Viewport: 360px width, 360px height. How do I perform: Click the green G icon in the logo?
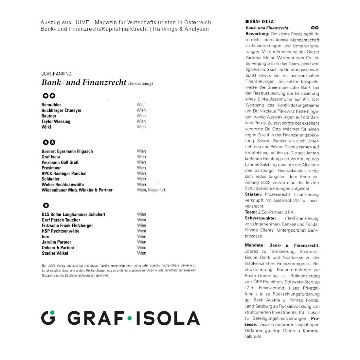[48, 317]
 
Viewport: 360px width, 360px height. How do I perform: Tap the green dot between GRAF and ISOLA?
[130, 318]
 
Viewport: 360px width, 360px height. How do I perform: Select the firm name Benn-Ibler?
[51, 105]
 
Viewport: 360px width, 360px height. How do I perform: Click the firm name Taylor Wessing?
[56, 121]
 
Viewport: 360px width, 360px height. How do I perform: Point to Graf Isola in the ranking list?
[51, 157]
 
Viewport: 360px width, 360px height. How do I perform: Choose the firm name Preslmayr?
[51, 168]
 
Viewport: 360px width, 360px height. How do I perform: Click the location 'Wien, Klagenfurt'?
[151, 190]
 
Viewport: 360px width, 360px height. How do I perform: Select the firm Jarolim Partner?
[56, 242]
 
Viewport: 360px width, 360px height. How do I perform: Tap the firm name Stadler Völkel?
[55, 253]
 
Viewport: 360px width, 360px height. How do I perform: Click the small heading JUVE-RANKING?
[56, 74]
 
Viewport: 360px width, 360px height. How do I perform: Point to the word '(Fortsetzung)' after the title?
[141, 84]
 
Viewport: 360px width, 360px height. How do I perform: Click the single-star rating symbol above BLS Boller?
[46, 206]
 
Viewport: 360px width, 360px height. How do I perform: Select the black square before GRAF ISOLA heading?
[247, 22]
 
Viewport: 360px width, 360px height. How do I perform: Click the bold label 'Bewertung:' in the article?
[257, 34]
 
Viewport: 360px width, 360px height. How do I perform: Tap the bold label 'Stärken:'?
[253, 194]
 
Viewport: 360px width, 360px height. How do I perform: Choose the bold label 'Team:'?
[251, 212]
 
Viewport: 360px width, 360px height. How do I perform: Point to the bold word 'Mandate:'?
[254, 245]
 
